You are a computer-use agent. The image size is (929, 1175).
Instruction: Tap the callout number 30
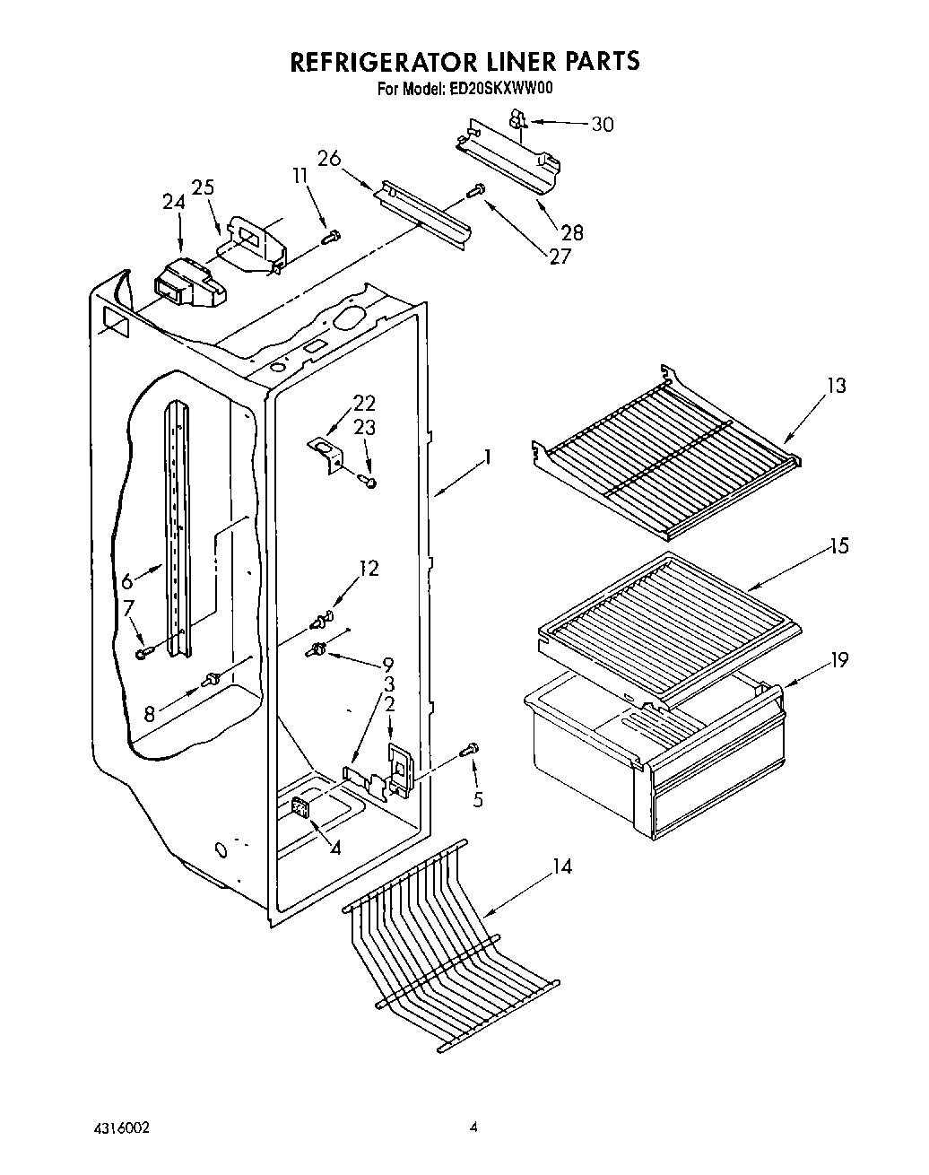point(602,125)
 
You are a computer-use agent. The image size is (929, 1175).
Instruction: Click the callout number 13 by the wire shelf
point(836,386)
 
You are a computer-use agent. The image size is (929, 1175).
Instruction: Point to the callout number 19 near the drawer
point(838,660)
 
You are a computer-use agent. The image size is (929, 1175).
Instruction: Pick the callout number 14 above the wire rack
point(561,867)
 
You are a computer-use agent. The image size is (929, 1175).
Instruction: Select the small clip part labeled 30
point(517,117)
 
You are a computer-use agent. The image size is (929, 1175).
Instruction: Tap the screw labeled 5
point(470,750)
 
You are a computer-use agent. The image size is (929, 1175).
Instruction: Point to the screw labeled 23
point(369,483)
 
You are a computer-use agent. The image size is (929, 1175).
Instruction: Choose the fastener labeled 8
point(213,679)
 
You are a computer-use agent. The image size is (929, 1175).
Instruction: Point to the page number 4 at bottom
point(474,1127)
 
